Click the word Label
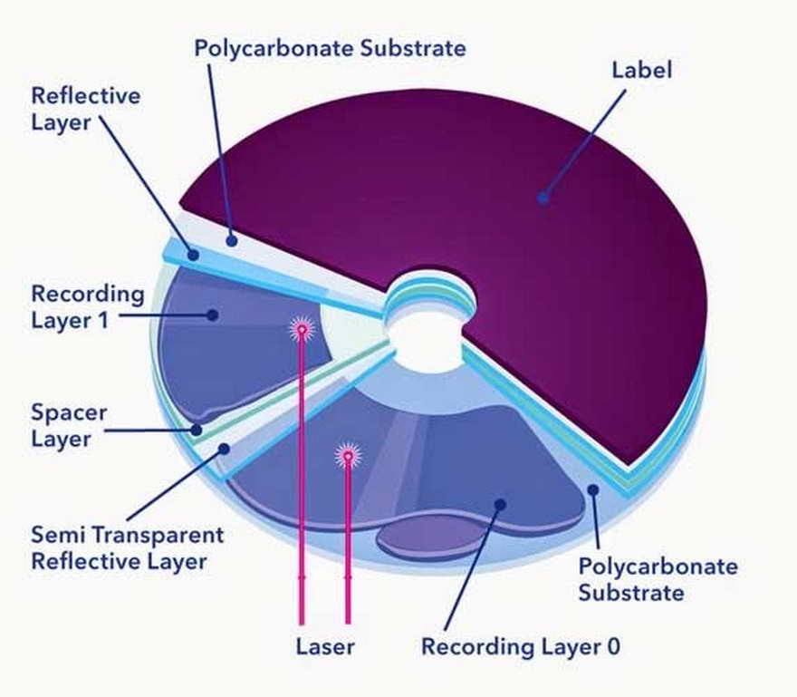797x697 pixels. click(641, 70)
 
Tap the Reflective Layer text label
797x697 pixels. click(86, 108)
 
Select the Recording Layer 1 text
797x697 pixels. click(87, 306)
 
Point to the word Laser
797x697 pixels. click(324, 647)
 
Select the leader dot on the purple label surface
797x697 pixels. click(543, 196)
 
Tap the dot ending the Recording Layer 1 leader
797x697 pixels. click(213, 315)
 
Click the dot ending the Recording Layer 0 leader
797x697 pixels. click(499, 504)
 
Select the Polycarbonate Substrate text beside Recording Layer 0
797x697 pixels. click(658, 580)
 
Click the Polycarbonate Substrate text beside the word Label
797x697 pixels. click(330, 47)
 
